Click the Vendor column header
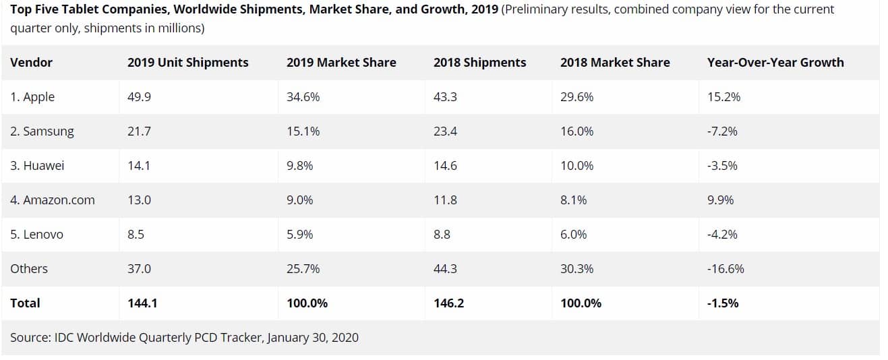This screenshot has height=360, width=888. [x=31, y=63]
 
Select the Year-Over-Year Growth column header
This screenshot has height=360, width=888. [x=775, y=63]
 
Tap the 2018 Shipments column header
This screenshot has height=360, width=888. [x=479, y=63]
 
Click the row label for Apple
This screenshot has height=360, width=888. [x=32, y=97]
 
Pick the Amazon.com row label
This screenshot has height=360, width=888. [x=53, y=200]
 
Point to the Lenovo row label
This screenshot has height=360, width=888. [x=36, y=235]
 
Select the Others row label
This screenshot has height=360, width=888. [x=29, y=269]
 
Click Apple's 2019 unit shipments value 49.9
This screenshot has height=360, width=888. [x=139, y=97]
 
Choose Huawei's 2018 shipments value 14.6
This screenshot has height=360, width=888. [x=445, y=166]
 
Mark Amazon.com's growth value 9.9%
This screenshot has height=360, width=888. [x=720, y=200]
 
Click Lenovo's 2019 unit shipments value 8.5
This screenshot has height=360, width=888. [x=136, y=235]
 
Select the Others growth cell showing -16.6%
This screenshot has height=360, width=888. [x=726, y=269]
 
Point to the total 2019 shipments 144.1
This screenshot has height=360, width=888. [x=142, y=303]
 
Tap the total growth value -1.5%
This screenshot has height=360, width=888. [x=722, y=303]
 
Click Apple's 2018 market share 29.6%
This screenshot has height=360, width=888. [x=576, y=97]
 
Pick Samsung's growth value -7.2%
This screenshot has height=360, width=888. [x=722, y=131]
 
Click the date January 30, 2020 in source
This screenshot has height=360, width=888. [x=312, y=337]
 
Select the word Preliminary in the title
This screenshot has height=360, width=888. [x=537, y=10]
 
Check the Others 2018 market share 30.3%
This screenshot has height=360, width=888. [x=576, y=269]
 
